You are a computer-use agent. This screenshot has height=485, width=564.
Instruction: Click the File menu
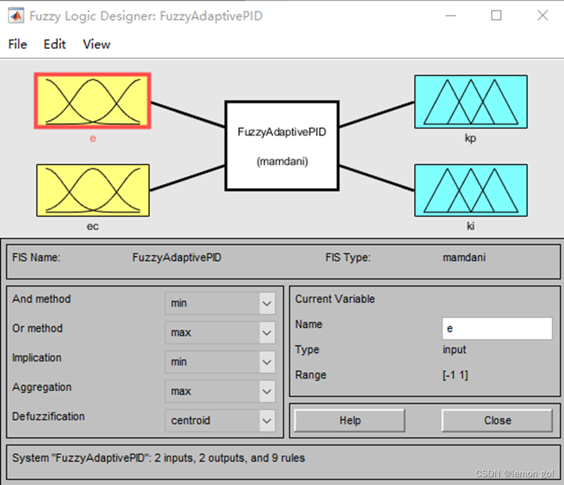click(x=18, y=44)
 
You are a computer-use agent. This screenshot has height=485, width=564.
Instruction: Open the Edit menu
click(x=55, y=44)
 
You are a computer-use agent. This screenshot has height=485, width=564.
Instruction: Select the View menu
click(x=96, y=44)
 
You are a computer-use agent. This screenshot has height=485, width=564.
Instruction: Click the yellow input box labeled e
click(x=93, y=101)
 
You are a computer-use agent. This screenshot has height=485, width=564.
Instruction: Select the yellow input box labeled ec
click(x=93, y=190)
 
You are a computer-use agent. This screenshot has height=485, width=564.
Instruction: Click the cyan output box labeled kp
click(x=470, y=101)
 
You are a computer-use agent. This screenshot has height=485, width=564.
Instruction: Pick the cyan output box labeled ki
click(x=470, y=190)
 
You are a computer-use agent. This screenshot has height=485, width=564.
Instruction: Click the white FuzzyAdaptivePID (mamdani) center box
click(x=282, y=146)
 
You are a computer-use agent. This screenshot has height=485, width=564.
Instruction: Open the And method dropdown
click(x=220, y=304)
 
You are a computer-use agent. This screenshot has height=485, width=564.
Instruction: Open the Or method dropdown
click(x=220, y=333)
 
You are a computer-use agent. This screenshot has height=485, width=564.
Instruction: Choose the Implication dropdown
click(x=220, y=362)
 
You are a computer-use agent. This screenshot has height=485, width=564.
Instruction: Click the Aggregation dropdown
click(x=220, y=392)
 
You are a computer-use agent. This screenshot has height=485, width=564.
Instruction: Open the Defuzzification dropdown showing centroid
click(x=220, y=421)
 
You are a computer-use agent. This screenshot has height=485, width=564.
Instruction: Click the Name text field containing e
click(x=497, y=329)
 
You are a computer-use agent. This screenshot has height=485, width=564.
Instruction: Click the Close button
click(x=497, y=420)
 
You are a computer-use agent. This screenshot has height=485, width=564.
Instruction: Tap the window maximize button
click(x=496, y=16)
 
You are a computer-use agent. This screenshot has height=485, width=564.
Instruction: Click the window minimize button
click(x=451, y=16)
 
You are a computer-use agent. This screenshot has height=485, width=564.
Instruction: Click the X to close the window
click(x=542, y=16)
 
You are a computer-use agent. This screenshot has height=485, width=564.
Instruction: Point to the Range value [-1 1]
click(x=455, y=375)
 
